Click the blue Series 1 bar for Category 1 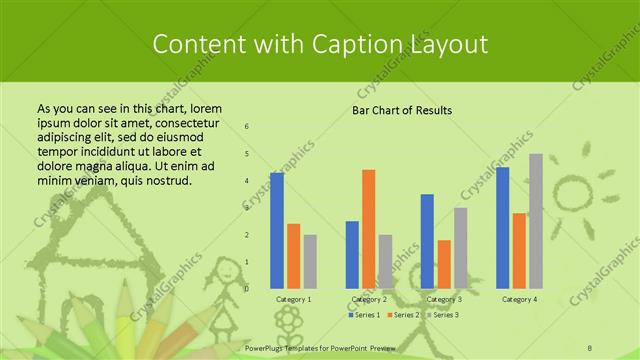click(277, 230)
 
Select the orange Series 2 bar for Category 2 click(368, 228)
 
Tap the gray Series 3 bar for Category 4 click(535, 220)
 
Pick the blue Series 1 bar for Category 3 click(427, 241)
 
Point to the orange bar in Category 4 click(518, 250)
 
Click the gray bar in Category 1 click(310, 261)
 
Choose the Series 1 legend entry click(364, 315)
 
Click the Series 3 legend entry click(444, 315)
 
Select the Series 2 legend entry click(404, 315)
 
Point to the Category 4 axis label click(519, 299)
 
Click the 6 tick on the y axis click(247, 127)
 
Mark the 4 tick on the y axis click(247, 181)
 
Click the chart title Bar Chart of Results click(402, 110)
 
